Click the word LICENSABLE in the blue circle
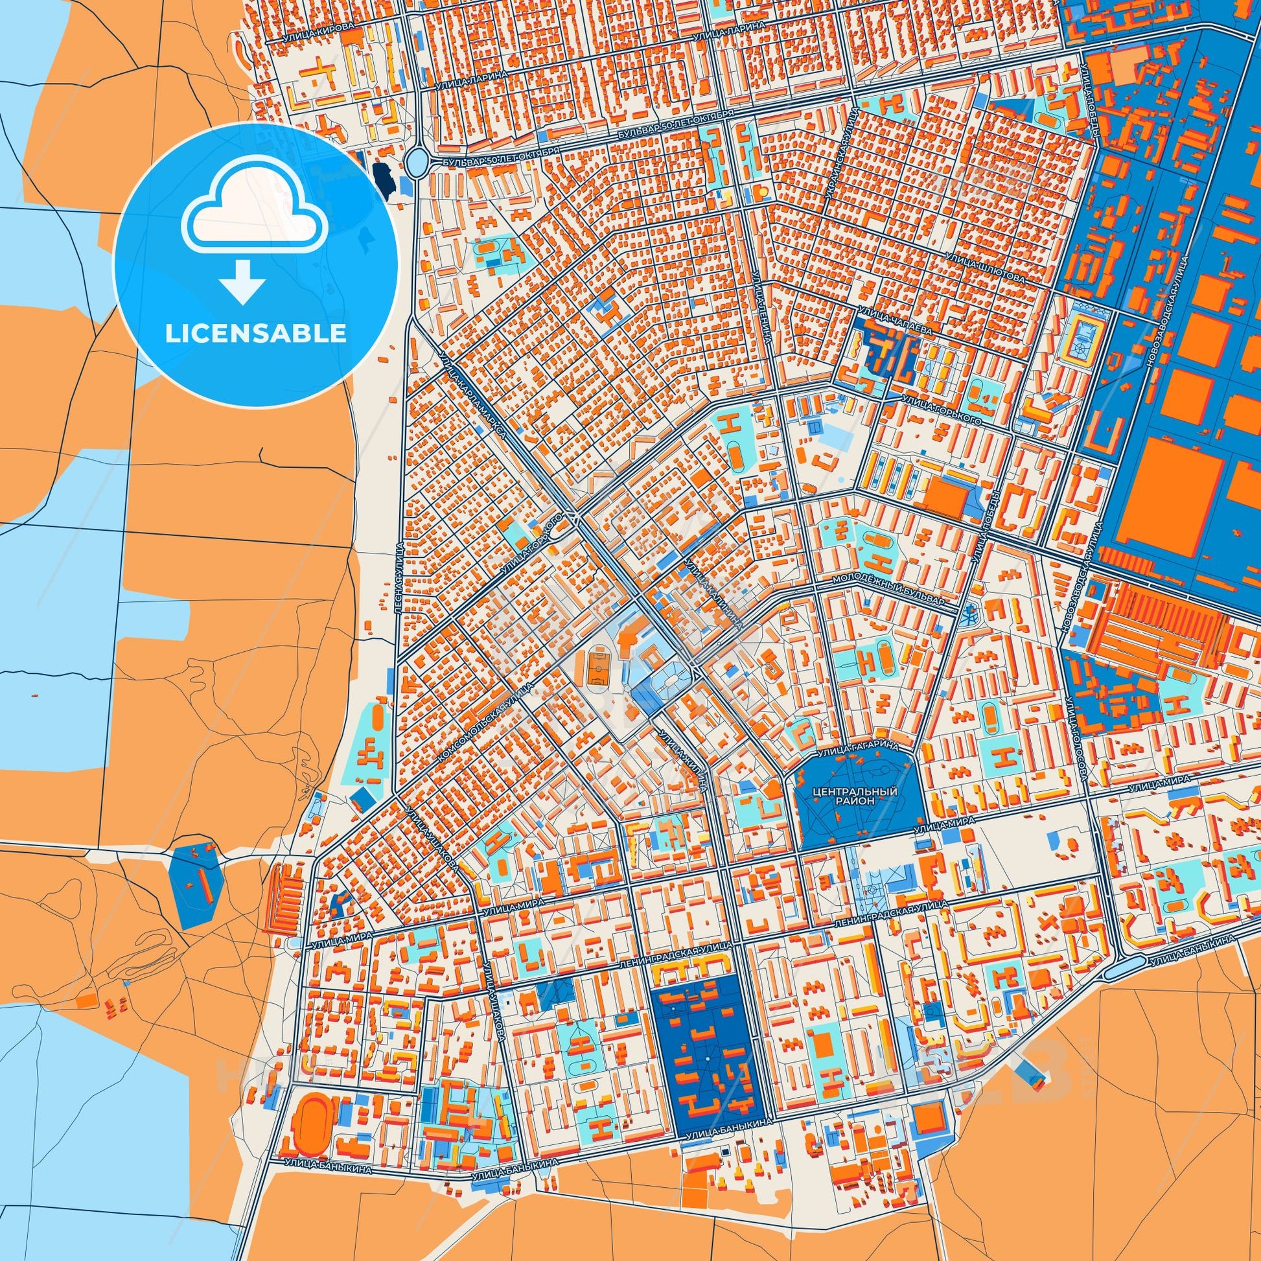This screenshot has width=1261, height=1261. click(x=255, y=334)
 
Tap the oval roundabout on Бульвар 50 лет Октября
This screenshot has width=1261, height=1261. click(x=415, y=162)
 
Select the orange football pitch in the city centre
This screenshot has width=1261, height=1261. click(x=596, y=665)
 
